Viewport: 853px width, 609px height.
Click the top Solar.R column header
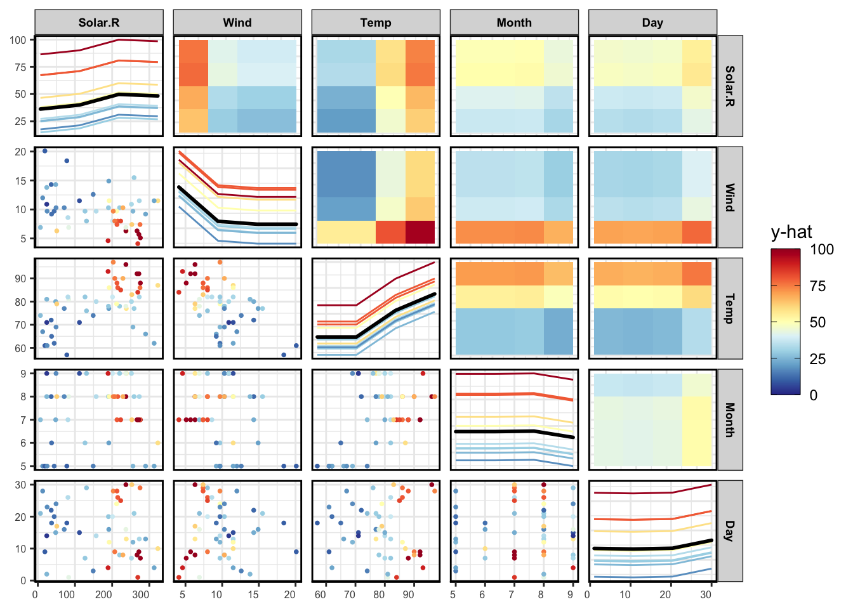point(99,23)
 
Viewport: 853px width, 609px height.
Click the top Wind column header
point(237,23)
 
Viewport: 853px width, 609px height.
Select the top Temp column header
point(376,23)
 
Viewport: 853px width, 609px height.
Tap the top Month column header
point(514,23)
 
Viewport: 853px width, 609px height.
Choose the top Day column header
point(652,23)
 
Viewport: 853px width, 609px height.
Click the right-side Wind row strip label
point(730,197)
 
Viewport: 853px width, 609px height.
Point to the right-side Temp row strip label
point(730,308)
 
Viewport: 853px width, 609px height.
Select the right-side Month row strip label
point(730,419)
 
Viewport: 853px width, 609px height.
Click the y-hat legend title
point(791,232)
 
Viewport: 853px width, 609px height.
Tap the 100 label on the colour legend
point(822,249)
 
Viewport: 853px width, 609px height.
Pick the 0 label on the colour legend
point(814,395)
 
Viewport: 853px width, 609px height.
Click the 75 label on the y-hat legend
point(818,286)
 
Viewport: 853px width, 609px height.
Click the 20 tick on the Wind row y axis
point(21,152)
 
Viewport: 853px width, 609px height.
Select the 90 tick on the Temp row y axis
point(21,278)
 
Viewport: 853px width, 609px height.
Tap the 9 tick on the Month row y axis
point(23,374)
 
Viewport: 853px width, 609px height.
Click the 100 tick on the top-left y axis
point(18,40)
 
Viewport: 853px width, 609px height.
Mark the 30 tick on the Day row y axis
point(21,485)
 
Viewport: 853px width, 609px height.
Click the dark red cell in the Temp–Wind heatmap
point(420,232)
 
